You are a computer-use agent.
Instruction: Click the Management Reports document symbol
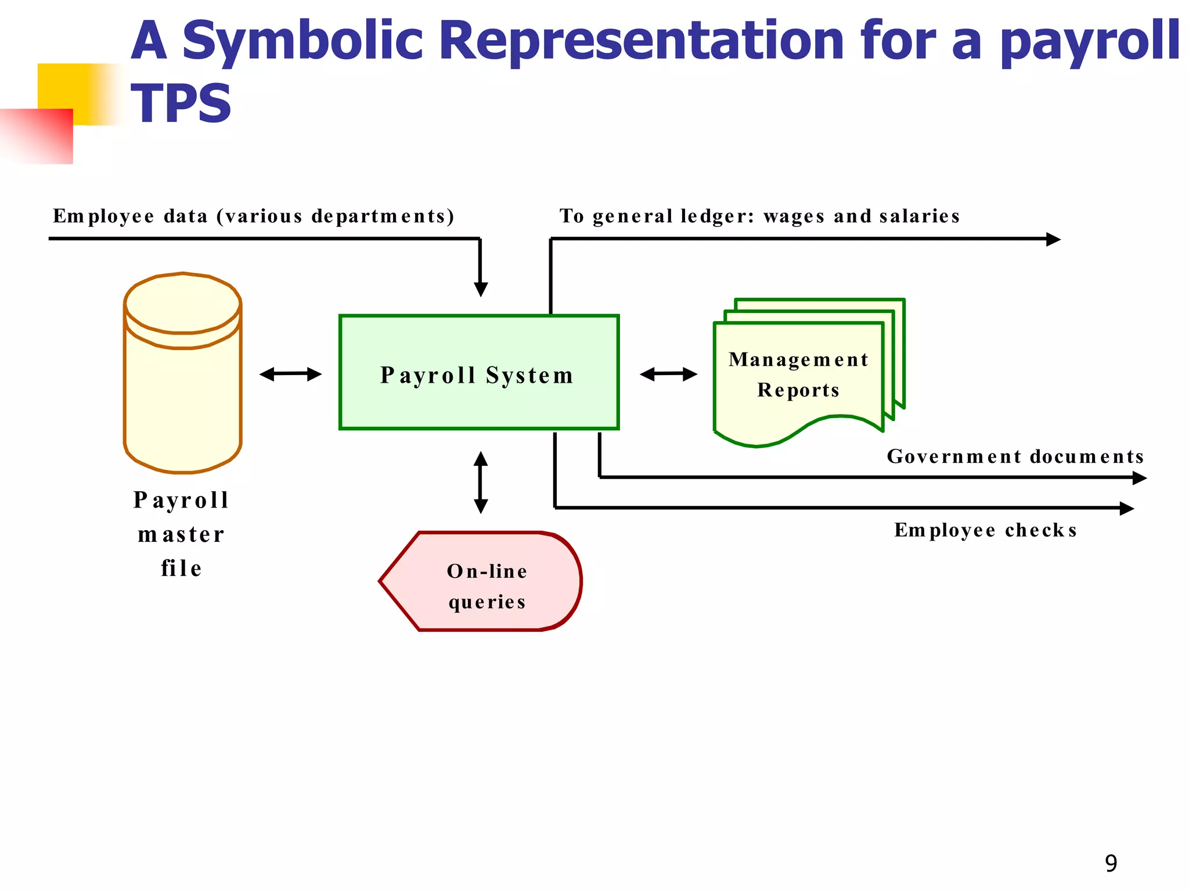click(x=798, y=377)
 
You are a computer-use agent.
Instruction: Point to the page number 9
click(x=1111, y=863)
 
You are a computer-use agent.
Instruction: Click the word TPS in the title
click(x=181, y=104)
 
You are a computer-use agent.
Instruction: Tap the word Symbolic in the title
click(x=302, y=41)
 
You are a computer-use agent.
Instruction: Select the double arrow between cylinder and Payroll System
click(x=290, y=374)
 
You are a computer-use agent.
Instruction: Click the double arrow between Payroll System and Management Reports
click(x=668, y=374)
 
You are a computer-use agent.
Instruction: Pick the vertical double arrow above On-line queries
click(x=481, y=482)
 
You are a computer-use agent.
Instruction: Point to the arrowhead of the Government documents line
click(x=1139, y=478)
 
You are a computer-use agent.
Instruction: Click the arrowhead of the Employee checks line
click(x=1126, y=509)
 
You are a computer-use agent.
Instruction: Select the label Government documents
click(x=1015, y=456)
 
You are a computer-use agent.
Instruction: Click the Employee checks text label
click(x=985, y=530)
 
